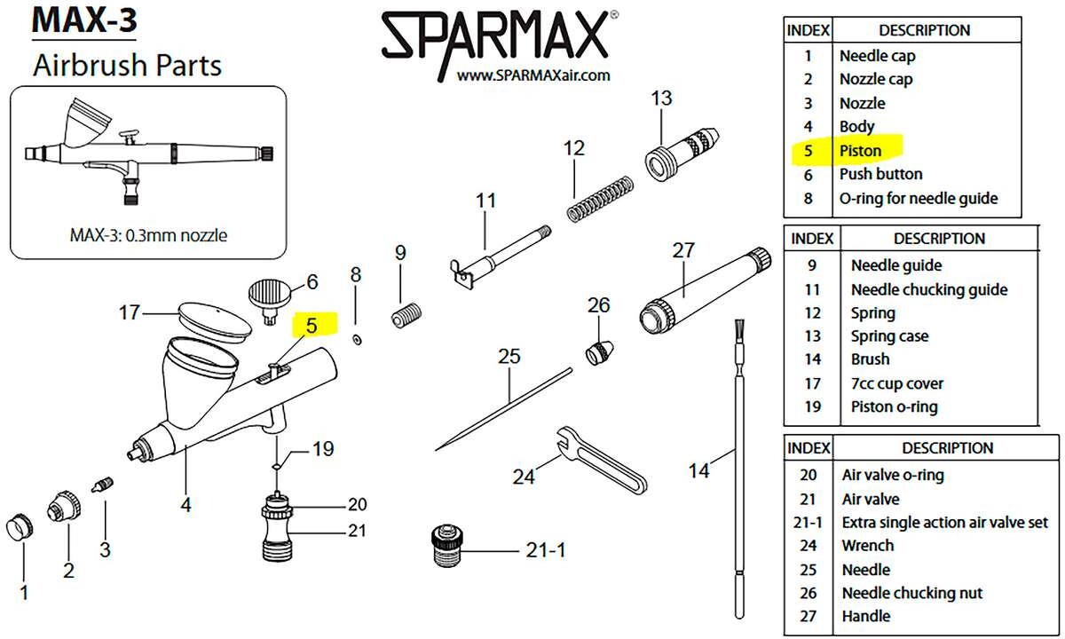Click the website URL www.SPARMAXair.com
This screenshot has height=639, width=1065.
tap(533, 76)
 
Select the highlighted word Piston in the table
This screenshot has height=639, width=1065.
tap(860, 150)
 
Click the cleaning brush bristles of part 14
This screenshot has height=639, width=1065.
tap(738, 334)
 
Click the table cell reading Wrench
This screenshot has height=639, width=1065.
tap(868, 546)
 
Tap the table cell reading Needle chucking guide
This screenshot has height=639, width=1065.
tap(928, 289)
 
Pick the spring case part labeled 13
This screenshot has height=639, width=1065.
tap(678, 146)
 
